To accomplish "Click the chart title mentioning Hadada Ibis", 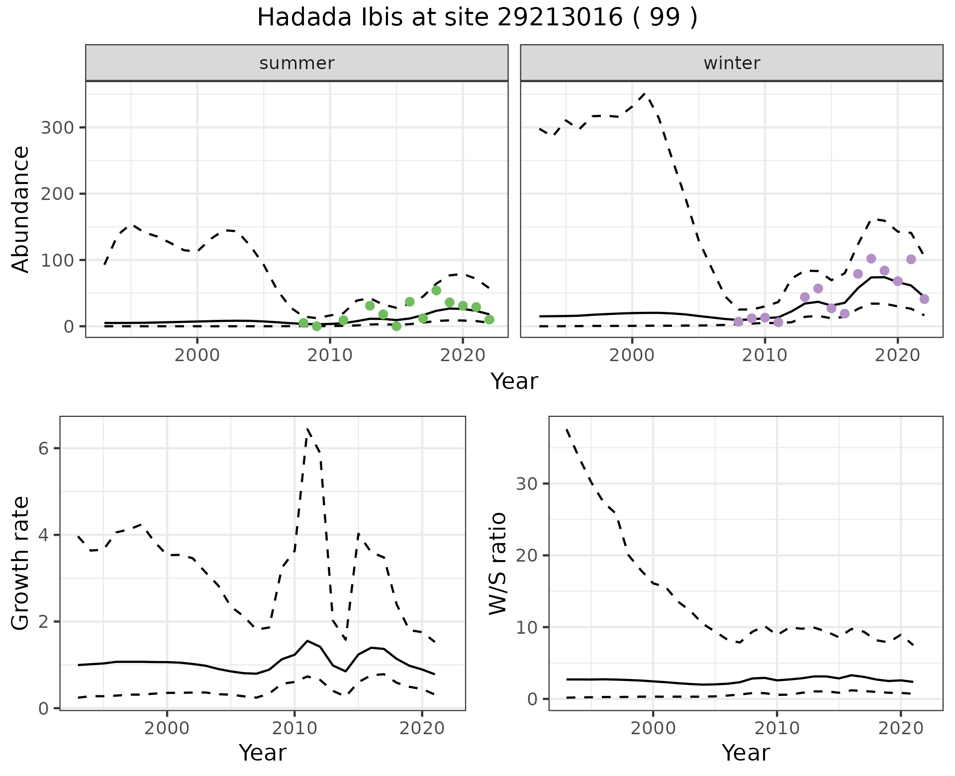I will [x=477, y=18].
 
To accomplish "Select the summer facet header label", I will [x=296, y=63].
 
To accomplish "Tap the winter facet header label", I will [x=731, y=63].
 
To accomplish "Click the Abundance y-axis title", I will [x=21, y=209].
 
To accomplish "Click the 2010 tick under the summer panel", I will [x=330, y=356].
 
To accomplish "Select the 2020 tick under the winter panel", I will [x=897, y=356].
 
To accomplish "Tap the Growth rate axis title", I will [x=21, y=563].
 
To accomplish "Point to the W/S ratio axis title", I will [x=497, y=563].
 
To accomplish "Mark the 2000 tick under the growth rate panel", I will [x=167, y=729].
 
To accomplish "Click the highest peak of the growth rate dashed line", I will [x=307, y=428].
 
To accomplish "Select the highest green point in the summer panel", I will [x=436, y=291].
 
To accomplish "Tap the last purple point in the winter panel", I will [x=924, y=299].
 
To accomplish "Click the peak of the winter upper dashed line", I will [x=645, y=93].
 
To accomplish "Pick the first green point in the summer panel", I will [x=303, y=323].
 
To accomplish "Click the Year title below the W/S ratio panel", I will [x=745, y=753].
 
